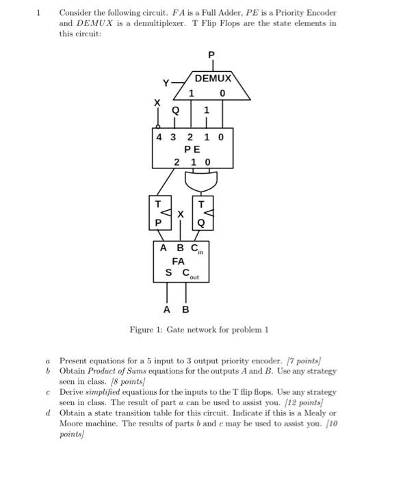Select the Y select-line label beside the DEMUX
pos(166,83)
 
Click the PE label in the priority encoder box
pos(192,148)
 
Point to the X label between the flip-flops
pos(181,214)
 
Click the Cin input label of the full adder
pos(197,250)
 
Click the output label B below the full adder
pos(185,309)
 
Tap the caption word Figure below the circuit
pos(144,330)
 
